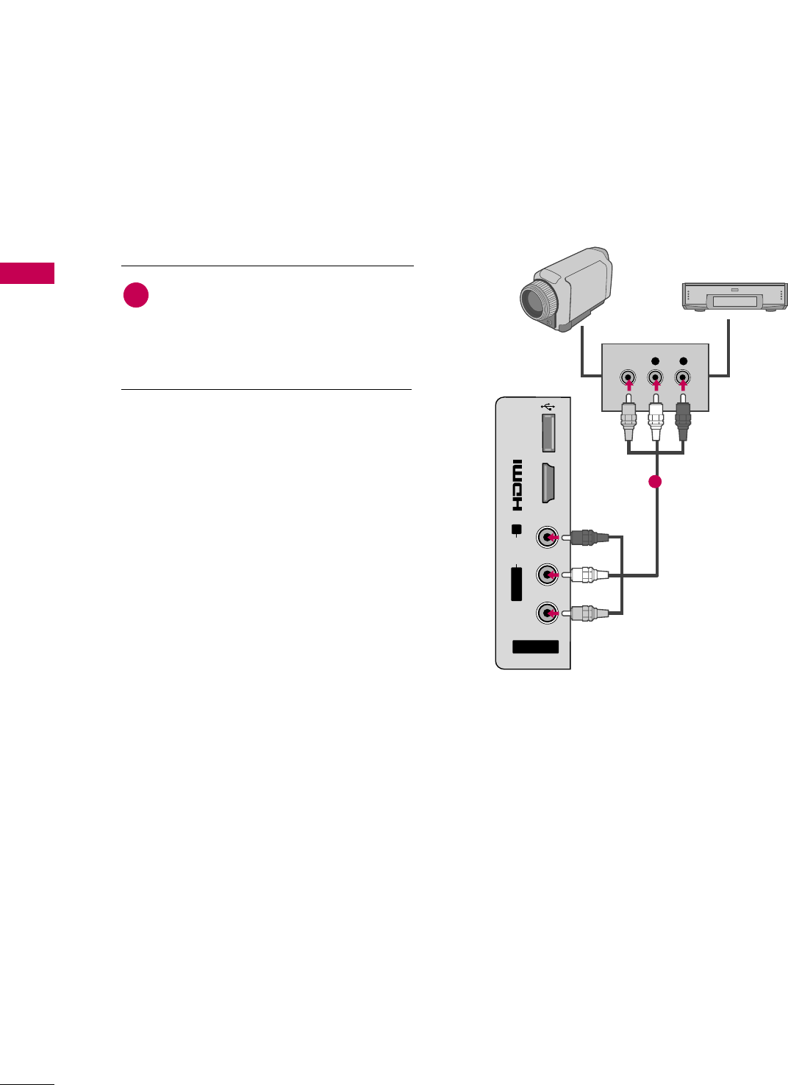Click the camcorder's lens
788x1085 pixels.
(537, 302)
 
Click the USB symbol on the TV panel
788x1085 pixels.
(548, 405)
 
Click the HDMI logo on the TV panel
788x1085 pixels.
(517, 485)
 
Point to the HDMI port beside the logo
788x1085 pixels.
(548, 483)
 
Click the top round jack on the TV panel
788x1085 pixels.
(546, 537)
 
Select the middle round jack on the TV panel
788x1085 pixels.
(546, 574)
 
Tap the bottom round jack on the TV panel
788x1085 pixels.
(546, 612)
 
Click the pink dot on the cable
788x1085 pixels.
(655, 482)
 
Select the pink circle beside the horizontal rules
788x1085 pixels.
(136, 296)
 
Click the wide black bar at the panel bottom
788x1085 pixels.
(535, 647)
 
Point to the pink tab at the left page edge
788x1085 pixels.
(27, 273)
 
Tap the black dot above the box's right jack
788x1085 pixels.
(684, 361)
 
